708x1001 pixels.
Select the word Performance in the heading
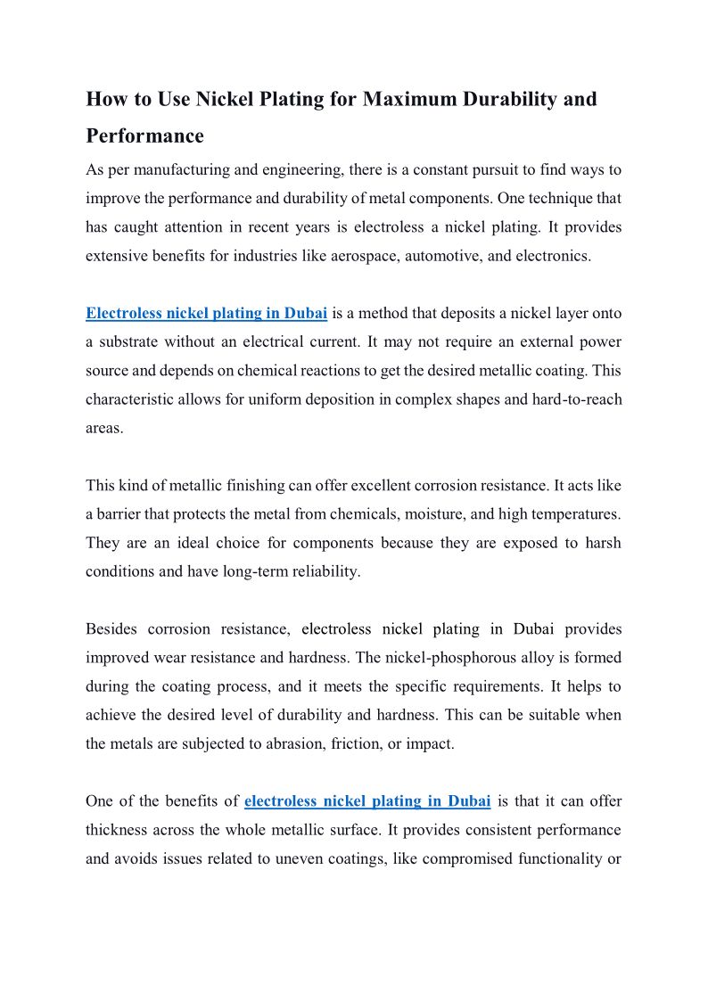144,136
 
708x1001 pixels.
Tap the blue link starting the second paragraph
206,313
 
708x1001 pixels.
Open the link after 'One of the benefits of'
367,800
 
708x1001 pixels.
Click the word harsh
602,543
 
